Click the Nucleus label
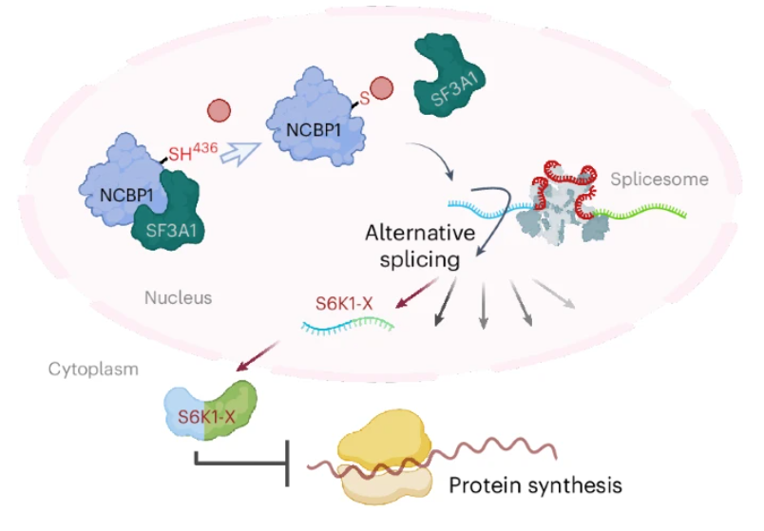coord(179,297)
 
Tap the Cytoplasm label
coord(93,370)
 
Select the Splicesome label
coord(659,180)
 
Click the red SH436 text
coord(193,152)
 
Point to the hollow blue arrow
coord(240,154)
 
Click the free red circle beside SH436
coord(219,110)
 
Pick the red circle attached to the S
coord(381,88)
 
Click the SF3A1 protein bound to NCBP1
coord(169,215)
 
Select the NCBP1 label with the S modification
coord(314,130)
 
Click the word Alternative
coord(420,233)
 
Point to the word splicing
coord(419,259)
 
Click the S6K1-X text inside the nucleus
coord(344,304)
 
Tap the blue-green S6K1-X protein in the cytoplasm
coord(211,410)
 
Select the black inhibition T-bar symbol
coord(242,462)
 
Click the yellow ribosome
coord(385,457)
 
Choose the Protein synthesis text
coord(535,485)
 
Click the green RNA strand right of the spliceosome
coord(640,213)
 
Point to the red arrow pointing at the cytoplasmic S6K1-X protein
coord(258,356)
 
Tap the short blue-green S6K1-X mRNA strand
coord(348,326)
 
